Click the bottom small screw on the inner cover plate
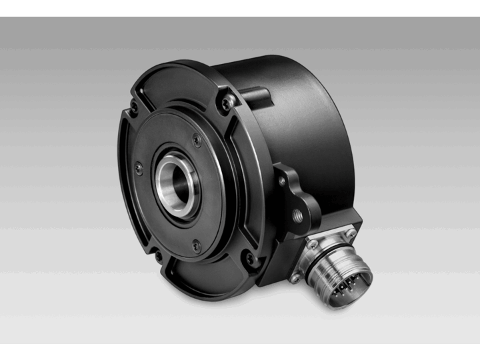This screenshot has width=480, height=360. pos(195,242)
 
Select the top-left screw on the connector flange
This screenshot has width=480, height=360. pos(312,245)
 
